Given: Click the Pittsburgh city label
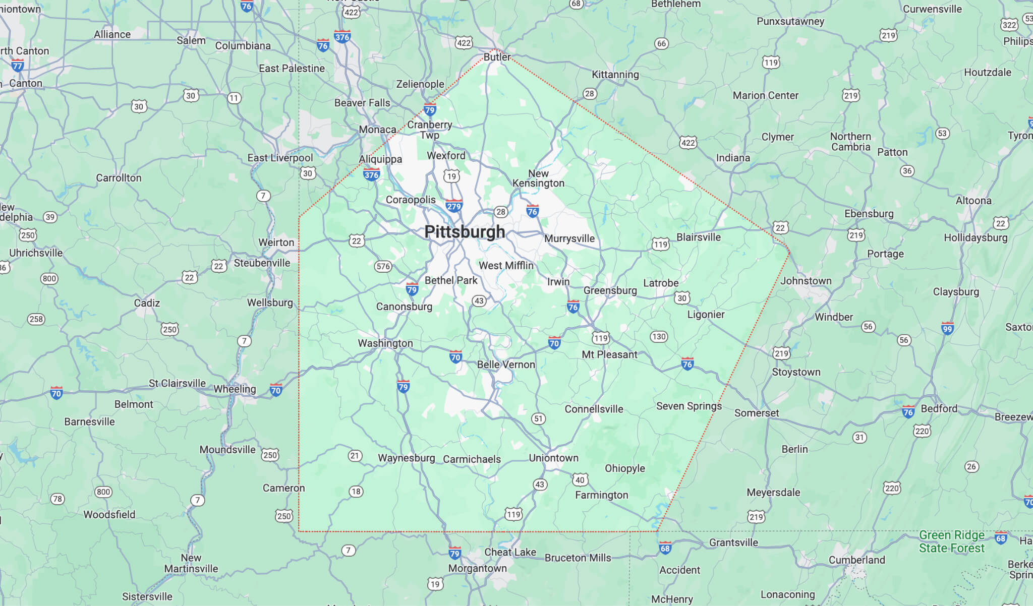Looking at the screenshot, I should (465, 232).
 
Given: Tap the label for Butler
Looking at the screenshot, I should (497, 57).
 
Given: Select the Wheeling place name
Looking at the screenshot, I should (235, 389).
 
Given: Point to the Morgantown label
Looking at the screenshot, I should (477, 568).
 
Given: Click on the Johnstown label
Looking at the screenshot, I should (806, 281).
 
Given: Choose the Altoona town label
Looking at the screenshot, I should (973, 201).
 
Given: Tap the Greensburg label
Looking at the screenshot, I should (610, 290).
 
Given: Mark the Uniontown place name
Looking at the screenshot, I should (553, 458).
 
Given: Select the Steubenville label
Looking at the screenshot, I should (262, 263).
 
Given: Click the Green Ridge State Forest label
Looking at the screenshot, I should (951, 541).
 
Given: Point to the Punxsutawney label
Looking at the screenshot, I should (790, 21).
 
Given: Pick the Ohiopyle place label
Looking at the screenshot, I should (624, 468).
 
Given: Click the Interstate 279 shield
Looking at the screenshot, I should (453, 206).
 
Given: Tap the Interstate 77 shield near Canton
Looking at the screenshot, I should (18, 66).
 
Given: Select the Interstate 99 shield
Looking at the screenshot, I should (947, 329).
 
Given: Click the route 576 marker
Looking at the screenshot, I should (383, 266).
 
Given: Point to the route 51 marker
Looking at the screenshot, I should (538, 418).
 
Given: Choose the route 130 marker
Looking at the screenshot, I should (659, 336).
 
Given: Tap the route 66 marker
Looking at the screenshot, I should (661, 43).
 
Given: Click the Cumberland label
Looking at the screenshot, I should (856, 560).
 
